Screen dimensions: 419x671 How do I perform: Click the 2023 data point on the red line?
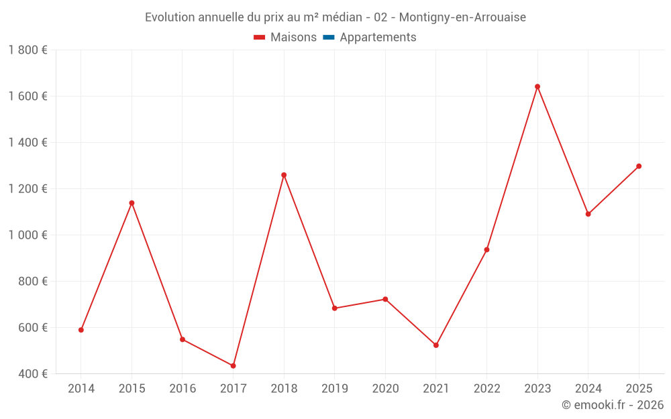[x=537, y=86]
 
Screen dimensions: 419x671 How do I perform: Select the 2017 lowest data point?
[x=233, y=365]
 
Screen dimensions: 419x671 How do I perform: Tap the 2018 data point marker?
[x=284, y=175]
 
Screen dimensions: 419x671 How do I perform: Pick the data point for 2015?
[x=132, y=203]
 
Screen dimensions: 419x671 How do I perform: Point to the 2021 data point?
[x=436, y=345]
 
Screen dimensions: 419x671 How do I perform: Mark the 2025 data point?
[x=639, y=166]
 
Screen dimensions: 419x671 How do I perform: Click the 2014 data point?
[x=81, y=330]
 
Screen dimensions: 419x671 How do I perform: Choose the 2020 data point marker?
[x=385, y=299]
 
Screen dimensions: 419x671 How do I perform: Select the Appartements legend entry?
[x=378, y=38]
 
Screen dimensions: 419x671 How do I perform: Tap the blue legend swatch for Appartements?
[x=328, y=38]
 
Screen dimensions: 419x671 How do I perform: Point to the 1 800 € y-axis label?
[x=28, y=50]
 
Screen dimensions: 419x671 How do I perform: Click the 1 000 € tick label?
[x=28, y=235]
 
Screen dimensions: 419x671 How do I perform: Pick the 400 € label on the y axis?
[x=32, y=374]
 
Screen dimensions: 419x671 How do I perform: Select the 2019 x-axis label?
[x=335, y=389]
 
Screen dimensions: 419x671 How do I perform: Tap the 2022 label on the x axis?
[x=486, y=389]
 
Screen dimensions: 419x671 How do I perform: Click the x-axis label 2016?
[x=183, y=389]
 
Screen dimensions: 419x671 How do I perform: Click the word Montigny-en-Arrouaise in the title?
[x=462, y=17]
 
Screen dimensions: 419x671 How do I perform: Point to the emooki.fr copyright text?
[x=613, y=405]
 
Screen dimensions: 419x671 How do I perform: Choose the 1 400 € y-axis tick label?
[x=28, y=143]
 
